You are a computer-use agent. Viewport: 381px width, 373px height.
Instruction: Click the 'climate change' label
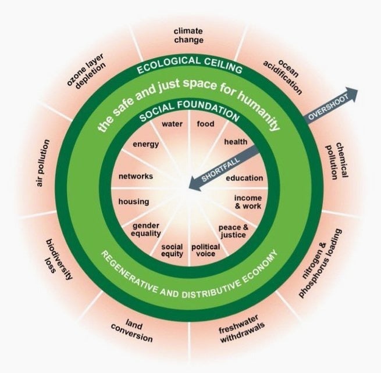188,35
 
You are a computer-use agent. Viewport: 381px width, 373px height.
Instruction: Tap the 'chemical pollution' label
337,160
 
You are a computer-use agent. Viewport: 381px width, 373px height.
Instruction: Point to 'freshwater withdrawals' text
241,329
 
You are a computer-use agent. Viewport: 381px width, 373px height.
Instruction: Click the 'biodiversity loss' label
58,259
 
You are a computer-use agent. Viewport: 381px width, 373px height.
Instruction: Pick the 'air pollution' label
43,163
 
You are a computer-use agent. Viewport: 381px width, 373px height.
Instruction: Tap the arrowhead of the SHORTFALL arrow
194,184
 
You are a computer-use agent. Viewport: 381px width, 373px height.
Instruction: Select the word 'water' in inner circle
172,124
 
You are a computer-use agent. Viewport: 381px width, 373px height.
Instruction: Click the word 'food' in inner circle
205,124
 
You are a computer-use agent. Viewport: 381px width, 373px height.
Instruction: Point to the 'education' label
244,178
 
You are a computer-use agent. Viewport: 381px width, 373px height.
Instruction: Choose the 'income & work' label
248,202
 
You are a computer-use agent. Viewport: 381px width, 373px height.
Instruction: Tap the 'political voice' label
205,250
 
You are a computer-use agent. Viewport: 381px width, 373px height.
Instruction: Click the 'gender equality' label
146,229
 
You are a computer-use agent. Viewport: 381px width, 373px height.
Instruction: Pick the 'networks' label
136,176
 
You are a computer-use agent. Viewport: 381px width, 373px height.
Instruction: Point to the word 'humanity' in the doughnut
258,110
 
